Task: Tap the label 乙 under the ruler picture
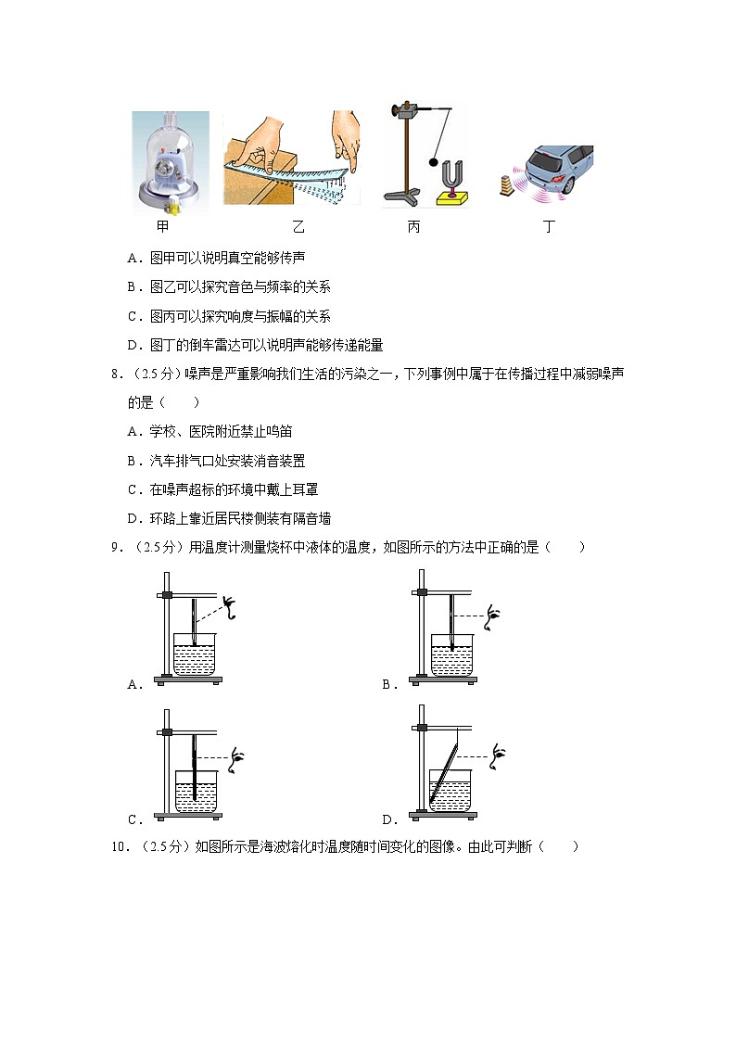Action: (298, 227)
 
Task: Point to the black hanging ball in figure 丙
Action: (433, 162)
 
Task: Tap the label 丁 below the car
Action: (549, 227)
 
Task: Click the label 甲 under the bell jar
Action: (163, 227)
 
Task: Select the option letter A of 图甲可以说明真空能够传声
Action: (133, 258)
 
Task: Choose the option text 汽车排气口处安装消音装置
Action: (227, 461)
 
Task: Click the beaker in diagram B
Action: (453, 654)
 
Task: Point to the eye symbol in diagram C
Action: (239, 755)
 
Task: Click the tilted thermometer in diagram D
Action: (444, 768)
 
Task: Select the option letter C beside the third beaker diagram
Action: (133, 819)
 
